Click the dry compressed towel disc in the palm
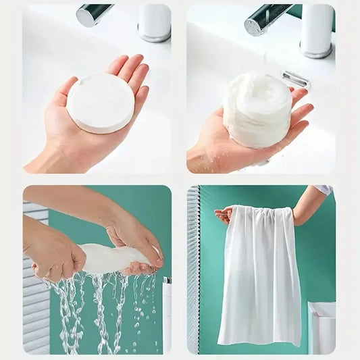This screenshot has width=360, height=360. tap(101, 103)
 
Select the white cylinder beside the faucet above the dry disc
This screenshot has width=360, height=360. tap(154, 22)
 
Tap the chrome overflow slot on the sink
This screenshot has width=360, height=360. tap(295, 79)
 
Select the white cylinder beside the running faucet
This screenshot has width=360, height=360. tap(316, 30)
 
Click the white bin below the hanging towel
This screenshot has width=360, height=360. tap(322, 327)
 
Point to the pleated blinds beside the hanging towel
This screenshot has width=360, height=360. tap(193, 270)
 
